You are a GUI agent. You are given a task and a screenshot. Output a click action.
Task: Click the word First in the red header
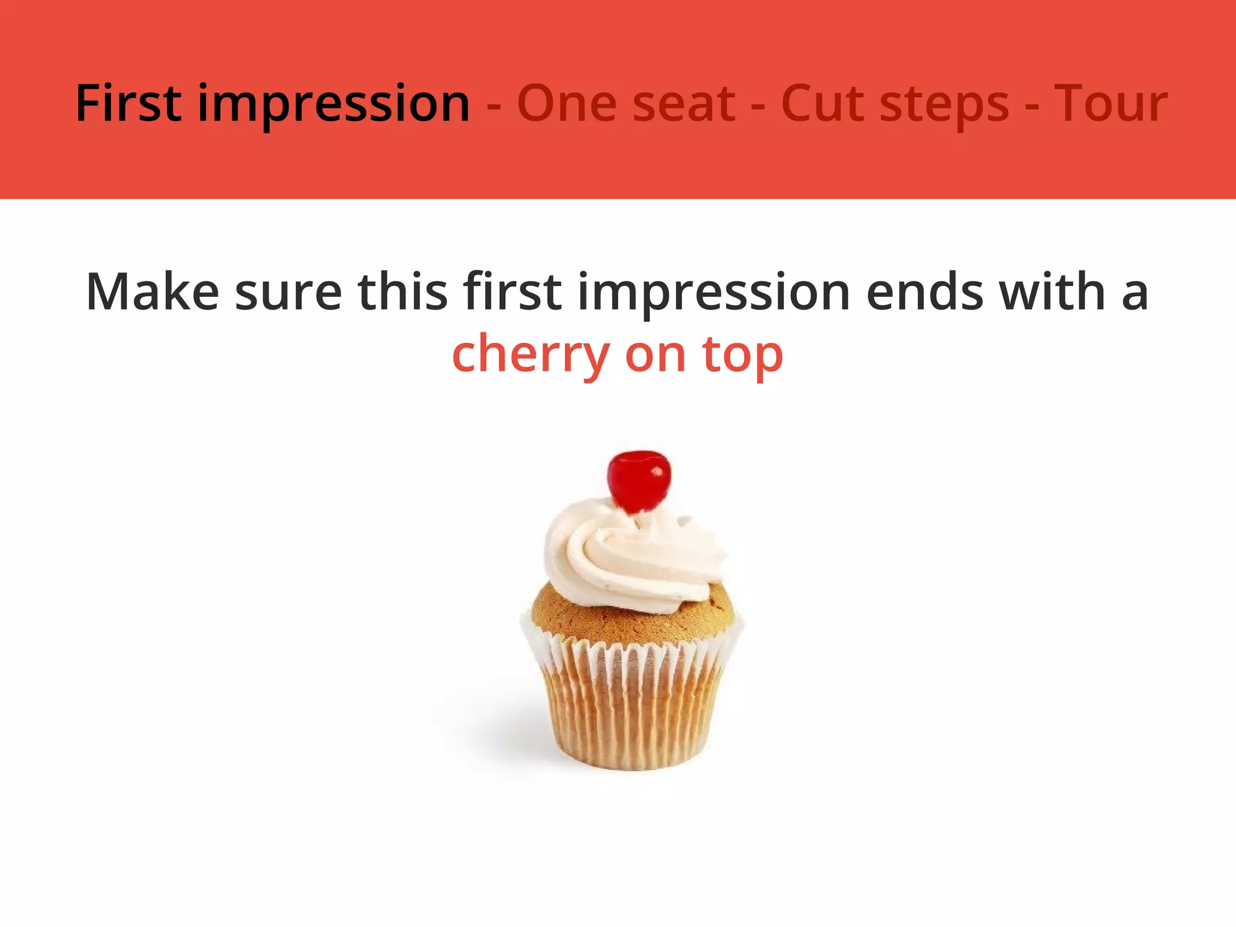[129, 103]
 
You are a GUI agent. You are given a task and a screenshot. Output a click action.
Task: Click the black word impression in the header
[334, 106]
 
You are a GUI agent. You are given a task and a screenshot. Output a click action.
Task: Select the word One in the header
[565, 104]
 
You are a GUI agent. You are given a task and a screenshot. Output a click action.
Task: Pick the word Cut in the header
[820, 104]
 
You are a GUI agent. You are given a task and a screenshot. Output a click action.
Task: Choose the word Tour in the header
[1110, 104]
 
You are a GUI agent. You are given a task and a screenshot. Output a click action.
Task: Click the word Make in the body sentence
[153, 292]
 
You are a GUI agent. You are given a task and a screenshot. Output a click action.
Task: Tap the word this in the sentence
[403, 292]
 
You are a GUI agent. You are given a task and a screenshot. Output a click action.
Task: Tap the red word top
[743, 357]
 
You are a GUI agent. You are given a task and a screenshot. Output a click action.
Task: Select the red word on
[655, 356]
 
